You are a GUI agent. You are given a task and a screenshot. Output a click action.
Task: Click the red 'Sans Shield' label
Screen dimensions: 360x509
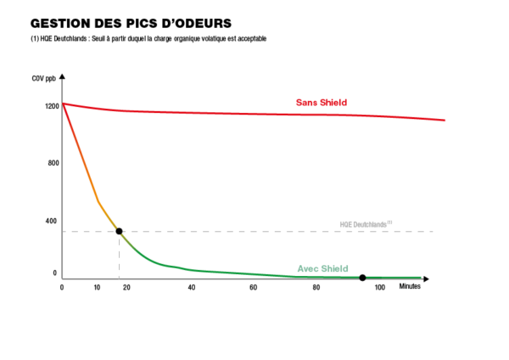click(322, 103)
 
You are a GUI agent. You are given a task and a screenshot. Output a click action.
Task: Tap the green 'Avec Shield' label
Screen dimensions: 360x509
click(322, 269)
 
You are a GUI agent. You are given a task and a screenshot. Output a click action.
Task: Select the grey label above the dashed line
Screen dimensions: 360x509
click(365, 225)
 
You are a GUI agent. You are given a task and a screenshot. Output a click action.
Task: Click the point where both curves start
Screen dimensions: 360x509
click(64, 104)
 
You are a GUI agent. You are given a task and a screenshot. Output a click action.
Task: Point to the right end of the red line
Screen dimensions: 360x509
click(445, 121)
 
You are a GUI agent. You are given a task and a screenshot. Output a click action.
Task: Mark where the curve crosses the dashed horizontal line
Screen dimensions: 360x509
click(118, 231)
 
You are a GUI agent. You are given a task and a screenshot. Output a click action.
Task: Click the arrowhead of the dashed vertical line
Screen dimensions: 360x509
click(119, 278)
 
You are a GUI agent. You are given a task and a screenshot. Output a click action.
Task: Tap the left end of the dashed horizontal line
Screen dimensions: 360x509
click(64, 231)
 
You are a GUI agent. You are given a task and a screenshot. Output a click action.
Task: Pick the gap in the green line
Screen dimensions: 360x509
click(363, 277)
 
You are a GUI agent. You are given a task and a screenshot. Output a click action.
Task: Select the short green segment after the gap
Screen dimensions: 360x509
click(394, 277)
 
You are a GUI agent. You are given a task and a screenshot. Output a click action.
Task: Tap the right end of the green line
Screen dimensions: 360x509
click(421, 277)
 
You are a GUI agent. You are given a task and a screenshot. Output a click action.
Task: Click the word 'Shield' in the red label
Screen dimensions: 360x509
click(333, 103)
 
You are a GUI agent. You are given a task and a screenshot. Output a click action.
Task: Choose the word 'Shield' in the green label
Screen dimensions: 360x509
click(334, 269)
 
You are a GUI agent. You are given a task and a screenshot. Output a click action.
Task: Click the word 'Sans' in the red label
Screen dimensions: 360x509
click(306, 103)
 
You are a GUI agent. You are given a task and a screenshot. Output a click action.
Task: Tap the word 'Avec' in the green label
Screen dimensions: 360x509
click(307, 269)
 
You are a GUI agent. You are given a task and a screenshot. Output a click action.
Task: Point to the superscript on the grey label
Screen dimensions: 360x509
click(390, 222)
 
